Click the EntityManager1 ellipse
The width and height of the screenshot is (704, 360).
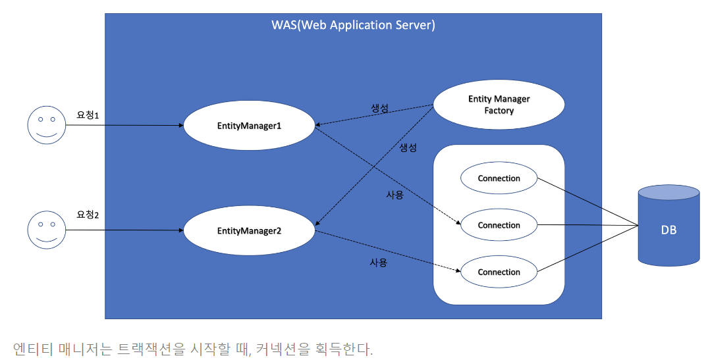[x=249, y=125]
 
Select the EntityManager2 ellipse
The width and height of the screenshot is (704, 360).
[x=249, y=231]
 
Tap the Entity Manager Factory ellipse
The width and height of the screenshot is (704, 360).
[x=499, y=105]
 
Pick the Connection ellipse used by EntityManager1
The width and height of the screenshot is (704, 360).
[x=499, y=225]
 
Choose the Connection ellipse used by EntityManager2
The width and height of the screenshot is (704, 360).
[x=499, y=272]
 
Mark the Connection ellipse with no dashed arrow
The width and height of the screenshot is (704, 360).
[x=499, y=178]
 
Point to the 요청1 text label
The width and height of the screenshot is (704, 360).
[x=88, y=115]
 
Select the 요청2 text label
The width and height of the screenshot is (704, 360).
[x=88, y=215]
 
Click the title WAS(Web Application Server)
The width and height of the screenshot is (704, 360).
[x=353, y=26]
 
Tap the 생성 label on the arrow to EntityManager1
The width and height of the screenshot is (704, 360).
[x=380, y=109]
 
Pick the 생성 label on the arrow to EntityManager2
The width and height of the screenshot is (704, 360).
[x=408, y=148]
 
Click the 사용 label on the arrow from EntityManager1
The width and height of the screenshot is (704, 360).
[x=395, y=195]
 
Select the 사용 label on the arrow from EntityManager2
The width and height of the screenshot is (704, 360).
[x=378, y=262]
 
